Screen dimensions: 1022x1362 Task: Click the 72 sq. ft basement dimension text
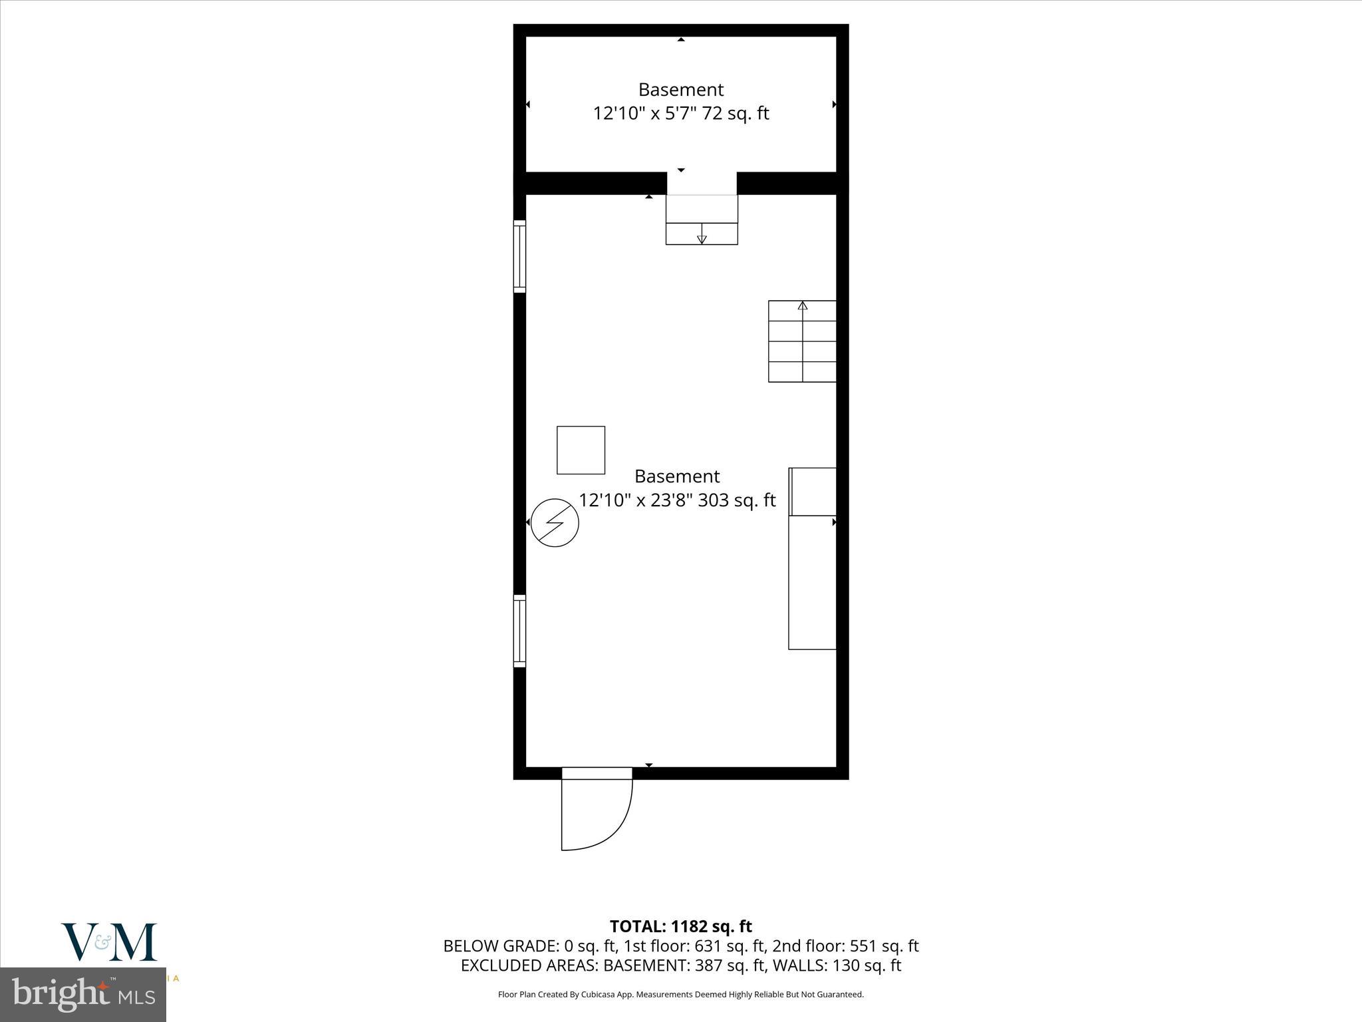(x=681, y=114)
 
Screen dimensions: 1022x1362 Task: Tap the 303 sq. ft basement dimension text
(x=677, y=500)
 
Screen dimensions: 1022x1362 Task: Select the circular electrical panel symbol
(x=555, y=523)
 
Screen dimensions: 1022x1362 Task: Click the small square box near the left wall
(x=581, y=450)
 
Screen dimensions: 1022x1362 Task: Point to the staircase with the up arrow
(x=802, y=341)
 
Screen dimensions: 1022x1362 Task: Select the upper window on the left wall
(x=519, y=256)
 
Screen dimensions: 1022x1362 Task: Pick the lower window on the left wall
(x=519, y=631)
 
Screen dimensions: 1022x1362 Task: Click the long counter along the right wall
(x=812, y=582)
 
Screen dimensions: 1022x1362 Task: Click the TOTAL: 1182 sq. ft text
(x=681, y=926)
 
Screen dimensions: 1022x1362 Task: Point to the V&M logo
(x=110, y=941)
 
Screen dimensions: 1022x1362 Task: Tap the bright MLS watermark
(x=83, y=995)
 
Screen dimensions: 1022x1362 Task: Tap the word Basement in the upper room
(x=681, y=90)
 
